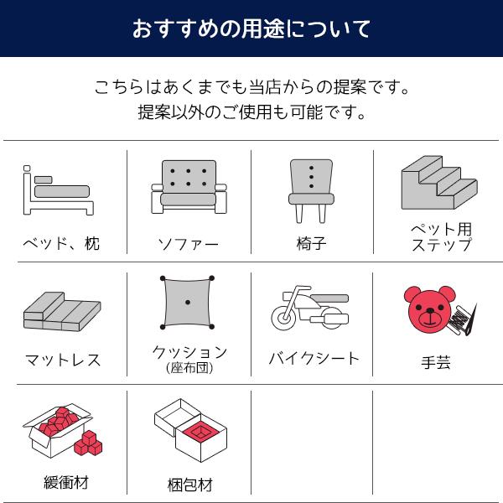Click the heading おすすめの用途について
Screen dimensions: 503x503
[x=251, y=29]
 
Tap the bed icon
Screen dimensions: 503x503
[x=57, y=192]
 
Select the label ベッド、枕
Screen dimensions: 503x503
[x=60, y=244]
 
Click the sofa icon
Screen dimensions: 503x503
[x=189, y=188]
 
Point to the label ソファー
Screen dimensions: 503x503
[x=189, y=245]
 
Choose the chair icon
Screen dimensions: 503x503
[x=311, y=188]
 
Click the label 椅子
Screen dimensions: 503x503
[x=311, y=244]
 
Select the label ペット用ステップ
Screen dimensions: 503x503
[x=441, y=236]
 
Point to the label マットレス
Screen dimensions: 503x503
[x=62, y=360]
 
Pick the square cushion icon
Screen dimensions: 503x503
[x=188, y=302]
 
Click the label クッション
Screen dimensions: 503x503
[x=189, y=352]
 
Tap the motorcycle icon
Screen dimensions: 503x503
[x=311, y=309]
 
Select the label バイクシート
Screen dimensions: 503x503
[x=314, y=359]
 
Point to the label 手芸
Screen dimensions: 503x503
[x=436, y=362]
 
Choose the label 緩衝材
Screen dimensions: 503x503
[x=65, y=482]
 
